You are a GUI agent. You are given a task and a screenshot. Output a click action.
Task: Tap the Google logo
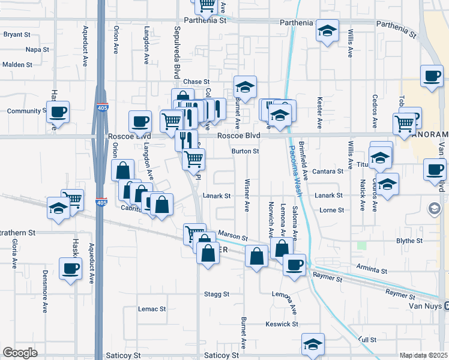(20, 353)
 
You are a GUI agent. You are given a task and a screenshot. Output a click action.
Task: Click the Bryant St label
(17, 35)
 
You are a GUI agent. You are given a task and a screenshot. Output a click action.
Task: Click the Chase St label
(196, 82)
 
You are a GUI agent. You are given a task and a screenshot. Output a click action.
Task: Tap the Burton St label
(245, 151)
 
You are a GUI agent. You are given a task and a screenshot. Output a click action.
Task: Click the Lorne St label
(332, 210)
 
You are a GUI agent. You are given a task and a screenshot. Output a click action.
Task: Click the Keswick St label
(282, 324)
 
